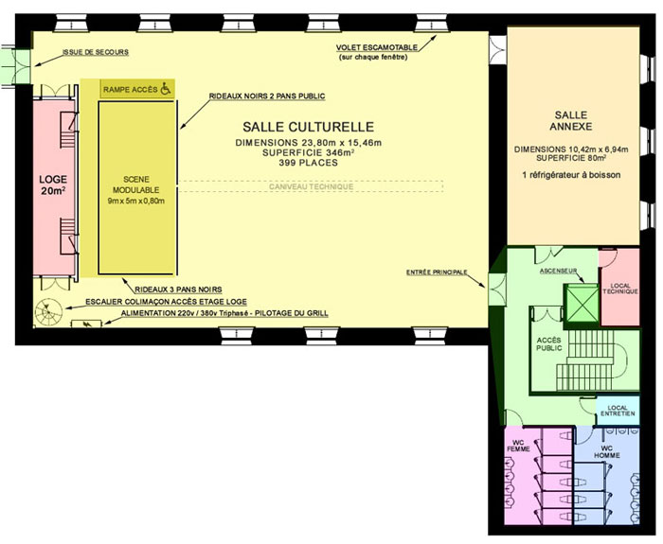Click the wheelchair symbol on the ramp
pos(166,89)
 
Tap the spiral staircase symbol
pos(48,311)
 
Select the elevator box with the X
pos(582,303)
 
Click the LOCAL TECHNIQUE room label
pos(620,289)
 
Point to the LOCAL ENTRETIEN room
pos(618,411)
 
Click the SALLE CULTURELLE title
pos(308,127)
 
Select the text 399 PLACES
pos(308,163)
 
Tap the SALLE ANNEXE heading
pos(571,120)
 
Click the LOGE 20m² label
pos(53,185)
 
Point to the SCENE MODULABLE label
pos(136,184)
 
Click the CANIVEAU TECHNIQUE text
pos(312,186)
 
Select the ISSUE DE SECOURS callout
pos(96,52)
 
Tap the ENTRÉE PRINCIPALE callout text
pos(437,272)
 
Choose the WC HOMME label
pos(607,452)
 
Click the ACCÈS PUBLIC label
pos(548,344)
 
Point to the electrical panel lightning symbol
pos(87,325)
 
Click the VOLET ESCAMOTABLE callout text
pos(377,47)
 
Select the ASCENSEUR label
pos(558,271)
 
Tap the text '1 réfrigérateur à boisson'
pos(572,175)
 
